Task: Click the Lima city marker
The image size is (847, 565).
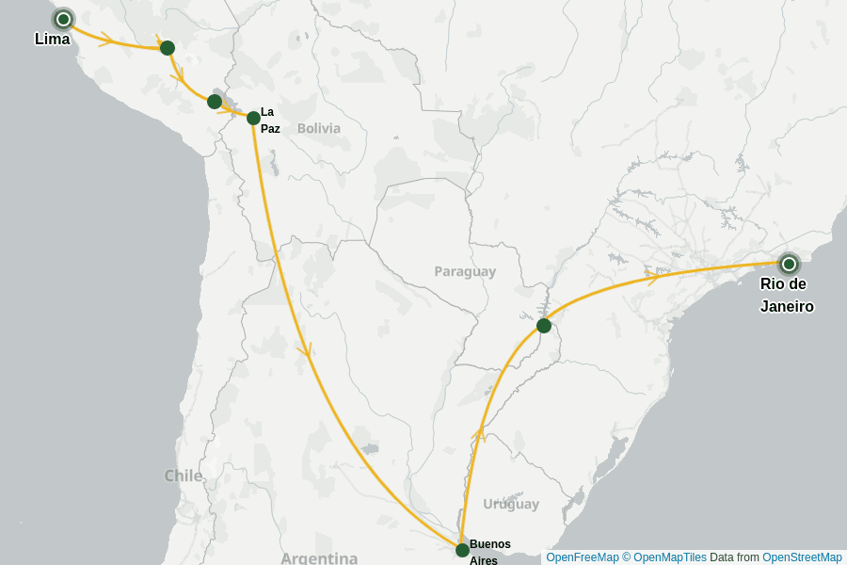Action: point(63,19)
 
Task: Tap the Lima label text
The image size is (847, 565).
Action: point(52,40)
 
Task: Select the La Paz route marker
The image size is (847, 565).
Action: point(253,118)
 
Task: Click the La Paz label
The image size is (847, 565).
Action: point(270,120)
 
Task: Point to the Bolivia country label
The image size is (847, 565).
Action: point(319,128)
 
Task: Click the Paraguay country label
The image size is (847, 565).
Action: point(465,271)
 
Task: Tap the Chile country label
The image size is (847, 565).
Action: point(184,476)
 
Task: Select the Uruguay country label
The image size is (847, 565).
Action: point(511,504)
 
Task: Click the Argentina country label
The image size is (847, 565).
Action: point(319,558)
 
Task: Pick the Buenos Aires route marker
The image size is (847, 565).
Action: point(462,550)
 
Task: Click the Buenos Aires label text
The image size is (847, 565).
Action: point(489,551)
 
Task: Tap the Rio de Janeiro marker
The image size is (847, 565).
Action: point(789,264)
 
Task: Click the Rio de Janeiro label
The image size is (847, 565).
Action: point(787,295)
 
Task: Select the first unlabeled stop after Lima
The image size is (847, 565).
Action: point(168,48)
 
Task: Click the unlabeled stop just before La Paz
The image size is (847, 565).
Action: point(215,102)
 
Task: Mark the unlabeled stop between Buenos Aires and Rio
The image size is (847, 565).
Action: point(544,326)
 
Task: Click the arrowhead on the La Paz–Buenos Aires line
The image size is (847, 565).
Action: point(304,350)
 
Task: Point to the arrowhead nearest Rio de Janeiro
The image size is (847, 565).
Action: point(650,277)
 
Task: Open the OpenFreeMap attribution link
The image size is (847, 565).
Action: point(583,557)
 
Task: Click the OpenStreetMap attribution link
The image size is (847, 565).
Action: point(802,557)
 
